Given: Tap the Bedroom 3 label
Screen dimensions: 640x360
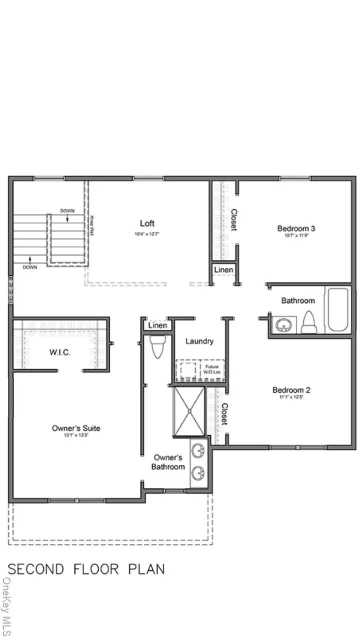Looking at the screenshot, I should coord(296,228).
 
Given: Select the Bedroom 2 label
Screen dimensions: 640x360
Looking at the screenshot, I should coord(291,390).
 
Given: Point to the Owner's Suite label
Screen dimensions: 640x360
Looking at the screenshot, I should coord(76,428).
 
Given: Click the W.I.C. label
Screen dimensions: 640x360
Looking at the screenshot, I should coord(59,352).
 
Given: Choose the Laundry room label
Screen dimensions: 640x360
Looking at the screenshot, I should coord(199,341).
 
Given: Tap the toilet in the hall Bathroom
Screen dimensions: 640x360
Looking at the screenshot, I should coord(308,322).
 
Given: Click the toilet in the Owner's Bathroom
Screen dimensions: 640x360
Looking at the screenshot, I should coord(156,346).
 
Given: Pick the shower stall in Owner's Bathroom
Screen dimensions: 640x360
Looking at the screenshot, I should coord(189,411).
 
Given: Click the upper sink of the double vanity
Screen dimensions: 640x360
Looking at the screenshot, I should coord(199,448).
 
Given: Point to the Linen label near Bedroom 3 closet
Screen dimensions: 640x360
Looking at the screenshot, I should coord(223,270).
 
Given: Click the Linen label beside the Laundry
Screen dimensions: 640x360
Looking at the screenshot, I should coord(157,325).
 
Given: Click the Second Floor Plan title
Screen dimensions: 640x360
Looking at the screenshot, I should coord(86,569).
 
